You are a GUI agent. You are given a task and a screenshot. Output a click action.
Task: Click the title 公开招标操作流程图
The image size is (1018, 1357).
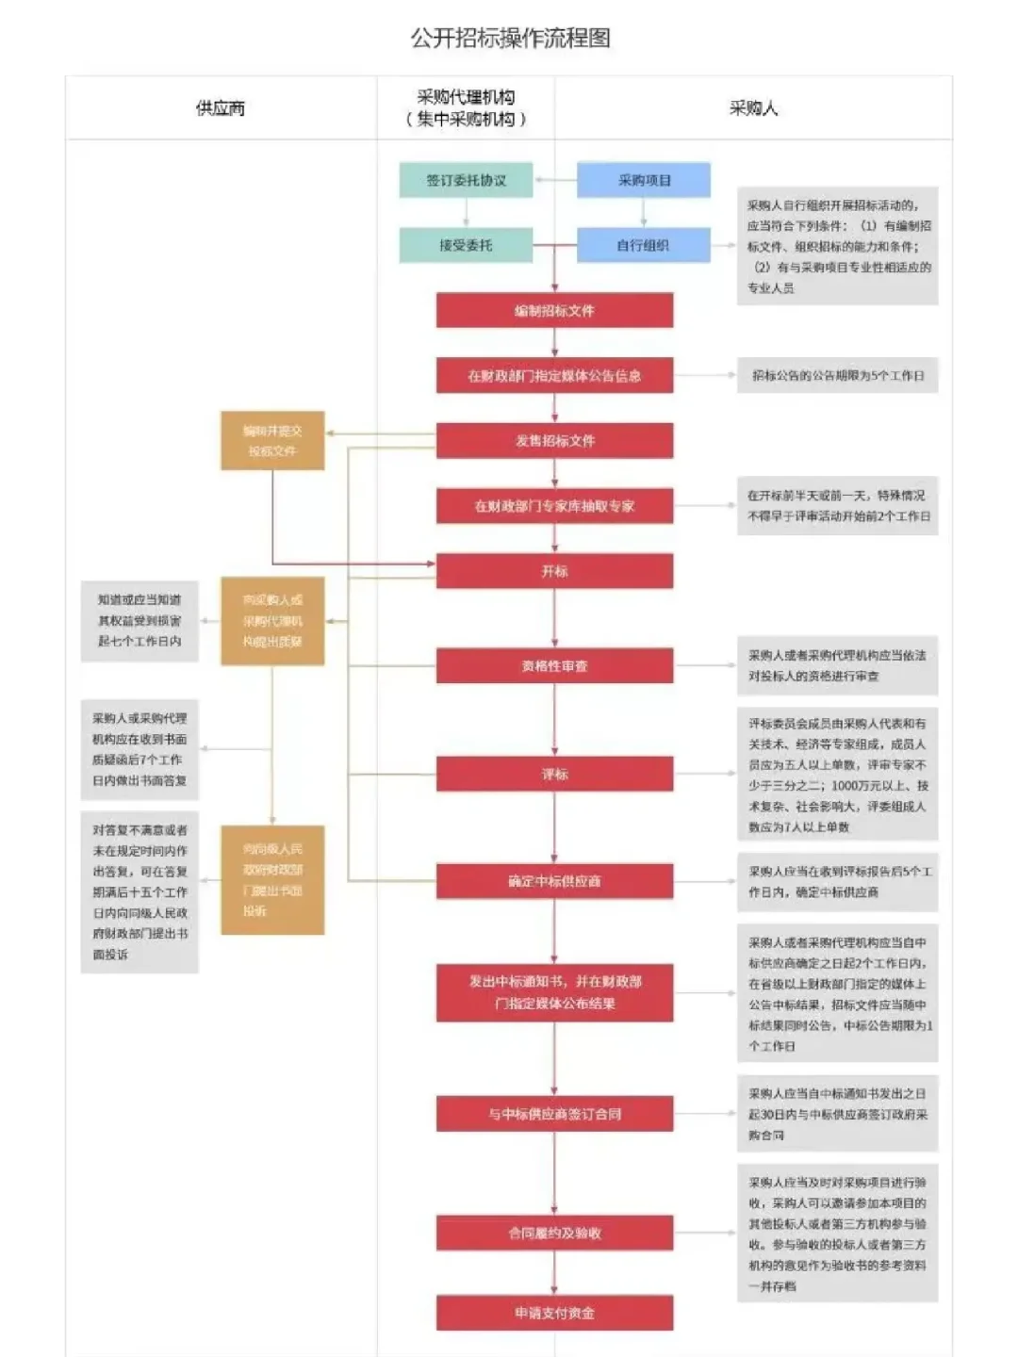(510, 39)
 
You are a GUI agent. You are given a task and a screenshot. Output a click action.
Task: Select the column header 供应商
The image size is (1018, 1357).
(221, 108)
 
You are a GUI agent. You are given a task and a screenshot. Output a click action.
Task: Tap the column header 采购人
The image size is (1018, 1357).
(753, 108)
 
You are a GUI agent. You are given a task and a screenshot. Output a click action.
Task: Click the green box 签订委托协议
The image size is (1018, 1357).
(466, 180)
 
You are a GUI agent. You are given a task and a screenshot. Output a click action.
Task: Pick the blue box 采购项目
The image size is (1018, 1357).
(644, 180)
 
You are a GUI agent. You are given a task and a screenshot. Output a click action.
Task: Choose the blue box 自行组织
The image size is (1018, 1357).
(644, 245)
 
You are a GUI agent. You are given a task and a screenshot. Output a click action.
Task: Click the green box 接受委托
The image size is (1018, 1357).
(466, 245)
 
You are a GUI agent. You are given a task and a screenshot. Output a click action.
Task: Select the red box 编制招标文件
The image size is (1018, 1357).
(554, 310)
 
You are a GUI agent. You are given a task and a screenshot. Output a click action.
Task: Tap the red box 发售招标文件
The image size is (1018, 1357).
(554, 440)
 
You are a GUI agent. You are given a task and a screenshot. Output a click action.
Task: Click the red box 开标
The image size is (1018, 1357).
(554, 571)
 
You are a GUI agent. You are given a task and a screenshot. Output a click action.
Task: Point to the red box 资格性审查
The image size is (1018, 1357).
(554, 665)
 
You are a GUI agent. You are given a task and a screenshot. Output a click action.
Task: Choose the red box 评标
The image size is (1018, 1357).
(554, 774)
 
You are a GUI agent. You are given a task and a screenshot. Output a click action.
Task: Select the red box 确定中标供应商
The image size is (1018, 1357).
(554, 881)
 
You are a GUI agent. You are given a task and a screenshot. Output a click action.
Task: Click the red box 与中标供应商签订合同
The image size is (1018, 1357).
(554, 1114)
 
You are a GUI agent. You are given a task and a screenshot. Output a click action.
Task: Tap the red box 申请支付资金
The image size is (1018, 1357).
(554, 1313)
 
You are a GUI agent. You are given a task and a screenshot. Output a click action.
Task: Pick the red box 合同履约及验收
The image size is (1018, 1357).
(554, 1233)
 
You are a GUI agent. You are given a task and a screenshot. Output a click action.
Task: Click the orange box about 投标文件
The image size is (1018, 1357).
(272, 440)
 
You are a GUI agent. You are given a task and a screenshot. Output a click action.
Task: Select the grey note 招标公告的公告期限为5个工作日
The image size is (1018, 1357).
(838, 375)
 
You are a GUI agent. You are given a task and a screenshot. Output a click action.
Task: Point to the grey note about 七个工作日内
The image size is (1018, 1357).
(140, 620)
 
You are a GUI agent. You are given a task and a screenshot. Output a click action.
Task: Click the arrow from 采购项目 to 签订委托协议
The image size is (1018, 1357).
(554, 180)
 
